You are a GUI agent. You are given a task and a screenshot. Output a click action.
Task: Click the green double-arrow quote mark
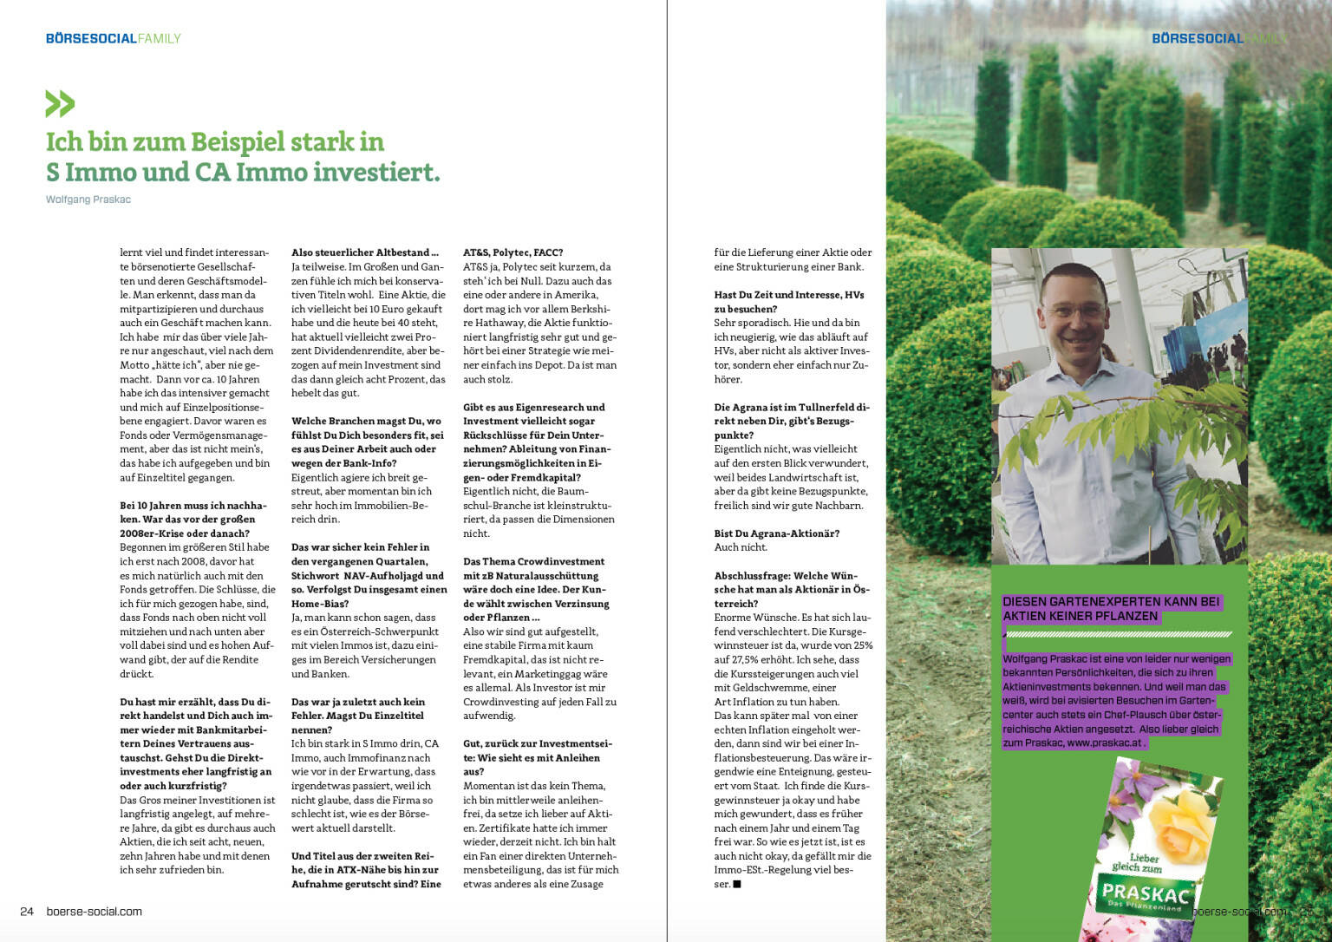pos(60,103)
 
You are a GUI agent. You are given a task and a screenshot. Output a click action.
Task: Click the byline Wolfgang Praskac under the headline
pos(88,200)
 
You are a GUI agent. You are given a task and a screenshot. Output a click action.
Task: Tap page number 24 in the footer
pos(27,912)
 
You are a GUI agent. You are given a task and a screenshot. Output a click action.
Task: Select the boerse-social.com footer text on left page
pos(94,912)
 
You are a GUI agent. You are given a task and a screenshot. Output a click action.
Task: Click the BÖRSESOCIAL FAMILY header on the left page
pos(113,38)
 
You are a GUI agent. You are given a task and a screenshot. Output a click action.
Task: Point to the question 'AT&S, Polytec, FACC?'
pos(513,252)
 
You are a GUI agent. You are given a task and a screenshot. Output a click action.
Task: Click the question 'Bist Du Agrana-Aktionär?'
pos(776,533)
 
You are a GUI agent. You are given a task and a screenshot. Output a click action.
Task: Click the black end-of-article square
pos(737,885)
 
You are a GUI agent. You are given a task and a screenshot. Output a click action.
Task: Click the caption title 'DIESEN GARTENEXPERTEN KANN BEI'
pos(1111,601)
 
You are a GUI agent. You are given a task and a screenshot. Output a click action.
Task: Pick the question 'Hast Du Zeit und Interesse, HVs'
pos(788,295)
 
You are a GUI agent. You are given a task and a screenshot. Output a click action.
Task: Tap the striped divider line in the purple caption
pos(1117,635)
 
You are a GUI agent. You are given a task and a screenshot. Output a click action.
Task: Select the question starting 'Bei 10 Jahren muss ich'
pos(193,505)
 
